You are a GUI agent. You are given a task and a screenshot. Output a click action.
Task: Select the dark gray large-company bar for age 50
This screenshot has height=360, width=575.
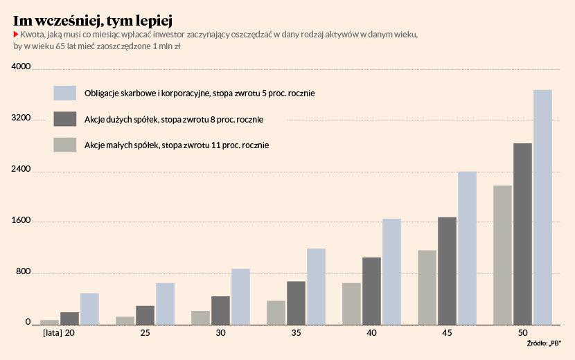tap(522, 233)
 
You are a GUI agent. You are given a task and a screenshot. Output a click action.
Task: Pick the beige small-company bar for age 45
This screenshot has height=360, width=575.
tap(427, 287)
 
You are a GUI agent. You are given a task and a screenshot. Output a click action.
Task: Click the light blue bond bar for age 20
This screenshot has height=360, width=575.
tap(89, 308)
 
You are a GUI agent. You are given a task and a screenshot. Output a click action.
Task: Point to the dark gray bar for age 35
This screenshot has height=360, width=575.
tap(296, 302)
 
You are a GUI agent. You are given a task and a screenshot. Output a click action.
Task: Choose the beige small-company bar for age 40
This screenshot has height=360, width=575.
tap(351, 303)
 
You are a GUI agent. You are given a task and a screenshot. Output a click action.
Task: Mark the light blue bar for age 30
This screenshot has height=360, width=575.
tap(240, 296)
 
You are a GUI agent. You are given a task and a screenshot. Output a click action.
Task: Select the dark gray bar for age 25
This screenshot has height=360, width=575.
tap(145, 314)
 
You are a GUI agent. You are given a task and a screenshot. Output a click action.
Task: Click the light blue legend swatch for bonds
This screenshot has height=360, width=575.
tap(64, 93)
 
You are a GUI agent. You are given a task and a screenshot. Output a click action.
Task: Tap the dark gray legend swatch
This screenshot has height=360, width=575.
tap(64, 119)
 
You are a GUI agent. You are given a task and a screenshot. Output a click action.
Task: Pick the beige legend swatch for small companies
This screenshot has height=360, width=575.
tap(64, 145)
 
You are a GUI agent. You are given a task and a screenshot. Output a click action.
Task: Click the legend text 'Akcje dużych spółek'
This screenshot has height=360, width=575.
tap(121, 119)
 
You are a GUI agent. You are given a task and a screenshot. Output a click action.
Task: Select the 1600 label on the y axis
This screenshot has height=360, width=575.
tap(22, 222)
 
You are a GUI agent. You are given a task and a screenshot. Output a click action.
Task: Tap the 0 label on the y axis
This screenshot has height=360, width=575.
tap(28, 323)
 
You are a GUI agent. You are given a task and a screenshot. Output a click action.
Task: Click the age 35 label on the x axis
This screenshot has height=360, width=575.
tap(296, 333)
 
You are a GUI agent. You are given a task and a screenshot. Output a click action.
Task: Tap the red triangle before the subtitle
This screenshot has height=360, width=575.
tap(16, 35)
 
